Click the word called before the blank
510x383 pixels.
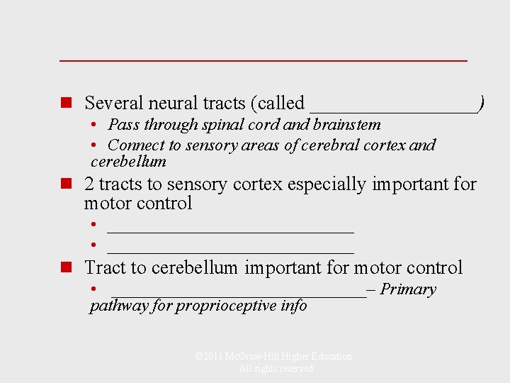(x=281, y=104)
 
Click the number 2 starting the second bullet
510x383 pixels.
(x=89, y=184)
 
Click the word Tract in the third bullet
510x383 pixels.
(x=104, y=268)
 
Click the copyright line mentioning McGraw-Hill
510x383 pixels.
(x=274, y=357)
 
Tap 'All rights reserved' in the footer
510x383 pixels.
(x=276, y=369)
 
